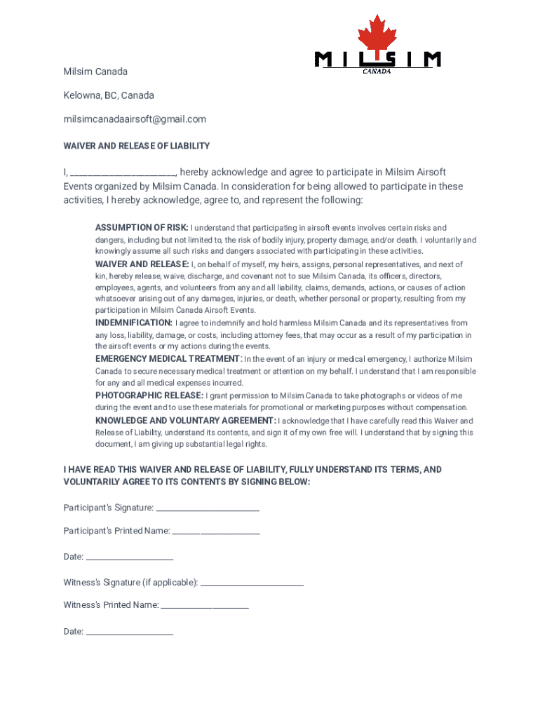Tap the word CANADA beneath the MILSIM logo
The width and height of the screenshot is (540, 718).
click(377, 70)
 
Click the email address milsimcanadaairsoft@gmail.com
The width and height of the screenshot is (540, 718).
click(135, 119)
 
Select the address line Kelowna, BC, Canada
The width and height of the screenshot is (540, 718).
click(109, 95)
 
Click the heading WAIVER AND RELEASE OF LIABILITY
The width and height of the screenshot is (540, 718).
click(137, 146)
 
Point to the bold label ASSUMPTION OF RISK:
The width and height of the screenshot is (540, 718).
click(142, 228)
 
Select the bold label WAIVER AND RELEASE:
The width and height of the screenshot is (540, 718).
click(142, 264)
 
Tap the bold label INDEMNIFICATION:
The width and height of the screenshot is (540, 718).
click(134, 323)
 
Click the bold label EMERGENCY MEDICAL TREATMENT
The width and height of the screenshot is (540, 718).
click(168, 359)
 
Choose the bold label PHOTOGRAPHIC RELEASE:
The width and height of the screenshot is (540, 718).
click(149, 395)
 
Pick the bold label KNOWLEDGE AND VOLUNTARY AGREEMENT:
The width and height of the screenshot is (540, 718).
click(186, 421)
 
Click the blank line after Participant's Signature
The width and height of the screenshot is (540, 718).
click(208, 508)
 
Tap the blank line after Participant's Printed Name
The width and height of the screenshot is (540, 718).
click(216, 531)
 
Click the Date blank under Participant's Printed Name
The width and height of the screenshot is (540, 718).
click(129, 557)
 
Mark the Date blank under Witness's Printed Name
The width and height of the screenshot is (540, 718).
click(129, 632)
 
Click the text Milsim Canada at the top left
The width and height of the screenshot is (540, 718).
click(95, 72)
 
